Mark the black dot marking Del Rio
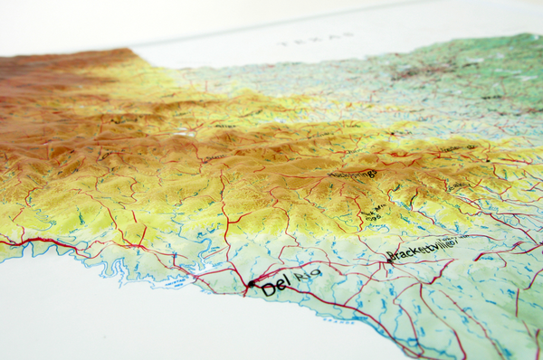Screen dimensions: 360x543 (252, 283)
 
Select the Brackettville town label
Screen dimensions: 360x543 (423, 249)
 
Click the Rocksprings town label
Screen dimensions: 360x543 (352, 174)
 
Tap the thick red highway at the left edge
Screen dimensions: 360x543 (27, 242)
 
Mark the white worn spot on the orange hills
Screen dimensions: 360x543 (186, 133)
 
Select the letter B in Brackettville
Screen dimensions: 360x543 (392, 256)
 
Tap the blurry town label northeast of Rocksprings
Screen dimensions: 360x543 (458, 149)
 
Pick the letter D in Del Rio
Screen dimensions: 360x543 (266, 290)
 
